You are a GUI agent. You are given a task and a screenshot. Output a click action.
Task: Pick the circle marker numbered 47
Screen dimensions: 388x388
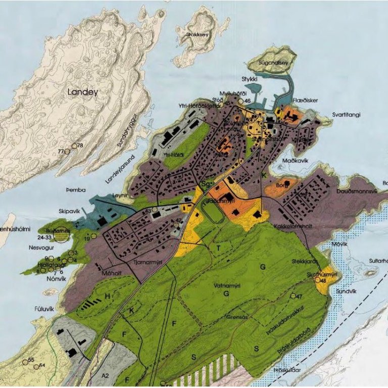click(x=293, y=296)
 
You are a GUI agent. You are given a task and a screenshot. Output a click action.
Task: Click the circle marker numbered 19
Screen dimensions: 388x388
click(x=94, y=236)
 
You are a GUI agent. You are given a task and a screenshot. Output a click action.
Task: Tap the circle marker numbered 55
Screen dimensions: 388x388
click(x=24, y=362)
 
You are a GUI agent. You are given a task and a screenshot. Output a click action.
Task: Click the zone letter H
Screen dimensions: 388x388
click(x=107, y=296)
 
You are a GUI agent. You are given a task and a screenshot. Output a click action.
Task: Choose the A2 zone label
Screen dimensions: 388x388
click(x=105, y=376)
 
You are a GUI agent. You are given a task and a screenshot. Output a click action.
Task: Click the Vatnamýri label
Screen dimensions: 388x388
click(x=230, y=286)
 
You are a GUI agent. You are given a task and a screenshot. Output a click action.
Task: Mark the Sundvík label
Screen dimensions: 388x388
click(x=344, y=292)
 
